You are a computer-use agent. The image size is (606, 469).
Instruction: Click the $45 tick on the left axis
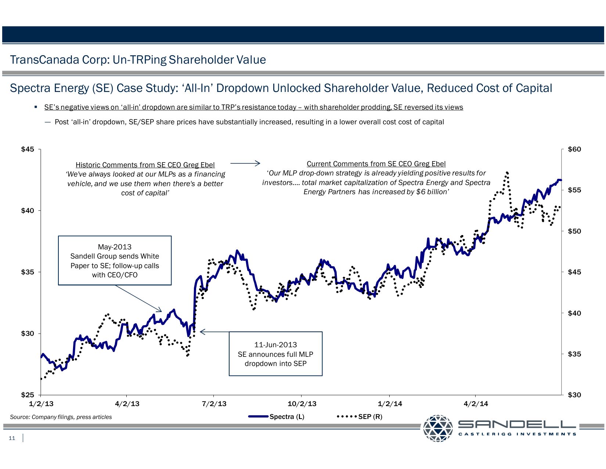28,149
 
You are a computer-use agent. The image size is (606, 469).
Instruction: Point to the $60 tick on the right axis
574,149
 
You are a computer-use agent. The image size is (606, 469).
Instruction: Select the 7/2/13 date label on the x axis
214,404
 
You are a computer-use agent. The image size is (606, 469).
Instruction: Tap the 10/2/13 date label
302,404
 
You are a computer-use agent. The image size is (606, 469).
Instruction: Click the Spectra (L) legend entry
286,417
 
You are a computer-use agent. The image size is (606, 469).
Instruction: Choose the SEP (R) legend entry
370,417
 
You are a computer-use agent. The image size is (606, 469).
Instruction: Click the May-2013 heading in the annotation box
115,247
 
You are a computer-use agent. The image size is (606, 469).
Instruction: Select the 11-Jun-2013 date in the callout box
275,345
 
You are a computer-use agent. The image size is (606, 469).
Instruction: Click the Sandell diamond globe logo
438,428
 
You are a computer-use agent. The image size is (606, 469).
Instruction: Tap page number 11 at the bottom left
12,438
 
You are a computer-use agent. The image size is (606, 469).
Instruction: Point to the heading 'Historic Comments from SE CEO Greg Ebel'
145,165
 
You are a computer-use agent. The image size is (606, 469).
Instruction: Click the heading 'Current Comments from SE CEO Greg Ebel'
376,164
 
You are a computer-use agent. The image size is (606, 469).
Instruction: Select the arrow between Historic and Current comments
245,163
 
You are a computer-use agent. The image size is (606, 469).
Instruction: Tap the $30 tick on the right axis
574,395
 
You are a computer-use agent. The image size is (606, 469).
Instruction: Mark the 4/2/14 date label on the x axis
476,404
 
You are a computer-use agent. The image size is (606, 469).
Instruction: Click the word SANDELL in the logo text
517,425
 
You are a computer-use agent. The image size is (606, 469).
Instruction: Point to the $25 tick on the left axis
28,395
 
